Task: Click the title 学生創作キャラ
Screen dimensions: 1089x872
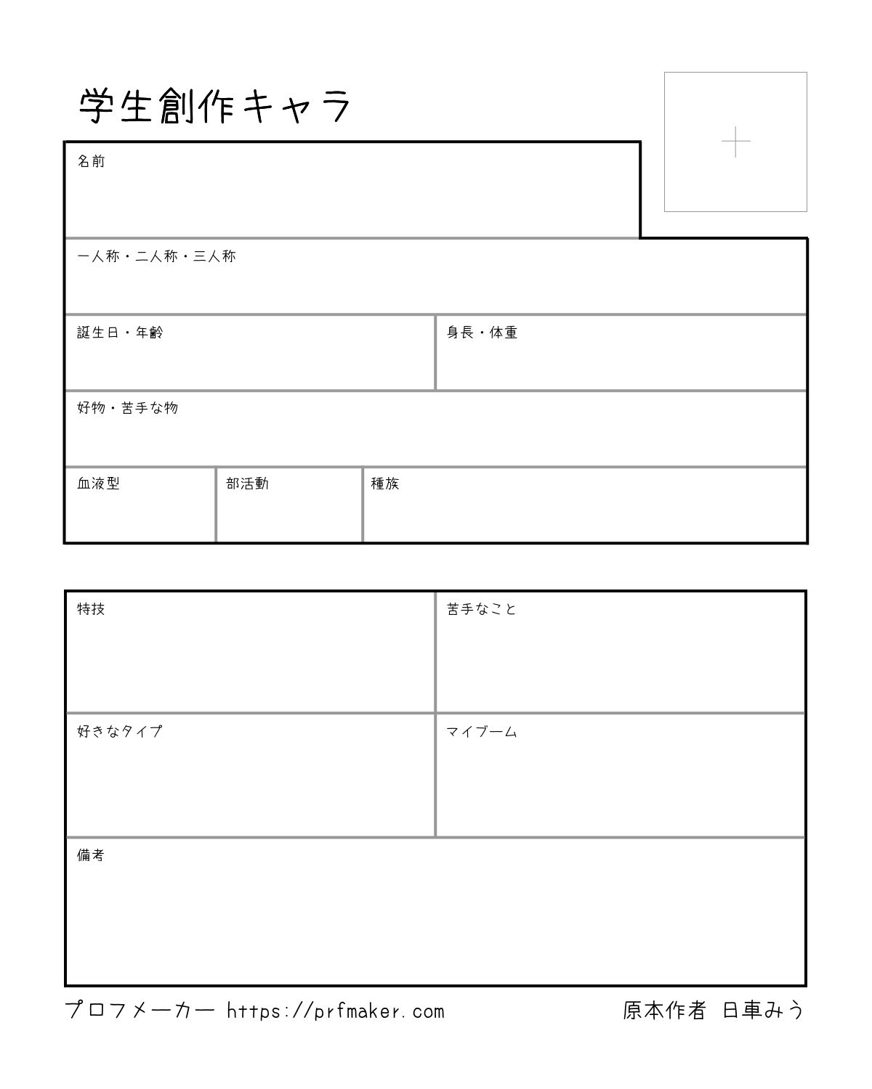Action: [215, 107]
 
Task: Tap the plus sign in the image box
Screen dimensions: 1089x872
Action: [735, 142]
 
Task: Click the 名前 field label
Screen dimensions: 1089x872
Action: [92, 161]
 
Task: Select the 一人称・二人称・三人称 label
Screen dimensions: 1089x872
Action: [156, 256]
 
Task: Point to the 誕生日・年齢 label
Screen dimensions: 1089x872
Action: [120, 333]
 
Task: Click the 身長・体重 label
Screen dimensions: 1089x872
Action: [482, 333]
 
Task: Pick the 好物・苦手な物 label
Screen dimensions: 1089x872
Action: [127, 408]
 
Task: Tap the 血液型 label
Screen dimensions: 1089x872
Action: [98, 484]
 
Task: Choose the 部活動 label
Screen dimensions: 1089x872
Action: [247, 484]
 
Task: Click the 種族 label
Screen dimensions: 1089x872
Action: [385, 484]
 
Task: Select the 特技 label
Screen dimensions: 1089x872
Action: [92, 609]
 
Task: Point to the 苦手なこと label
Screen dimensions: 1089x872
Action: [482, 609]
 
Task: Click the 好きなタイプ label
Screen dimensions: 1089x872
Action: [120, 732]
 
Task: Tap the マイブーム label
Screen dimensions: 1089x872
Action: [482, 732]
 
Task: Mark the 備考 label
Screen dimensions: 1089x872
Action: [92, 855]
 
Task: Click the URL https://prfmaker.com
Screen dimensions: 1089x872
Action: [335, 1011]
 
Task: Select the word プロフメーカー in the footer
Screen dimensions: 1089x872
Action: [140, 1011]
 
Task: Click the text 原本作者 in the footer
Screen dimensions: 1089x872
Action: [664, 1011]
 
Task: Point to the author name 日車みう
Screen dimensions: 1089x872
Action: [763, 1011]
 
